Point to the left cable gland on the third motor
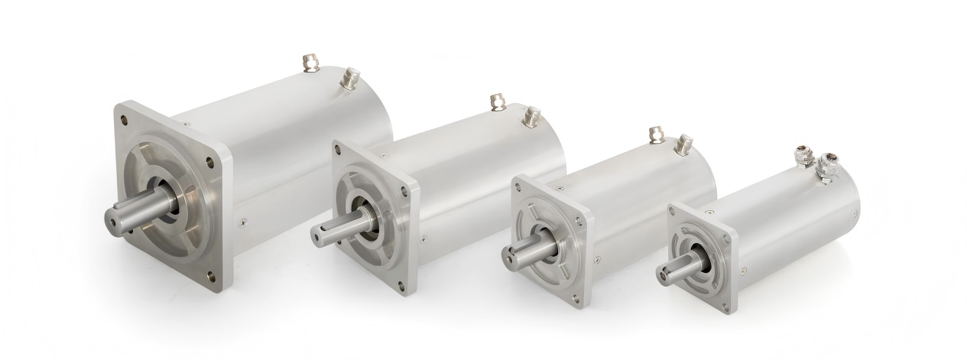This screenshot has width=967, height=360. tap(654, 134)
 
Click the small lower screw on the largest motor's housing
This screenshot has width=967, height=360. tap(243, 222)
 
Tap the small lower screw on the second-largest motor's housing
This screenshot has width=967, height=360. tap(424, 237)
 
